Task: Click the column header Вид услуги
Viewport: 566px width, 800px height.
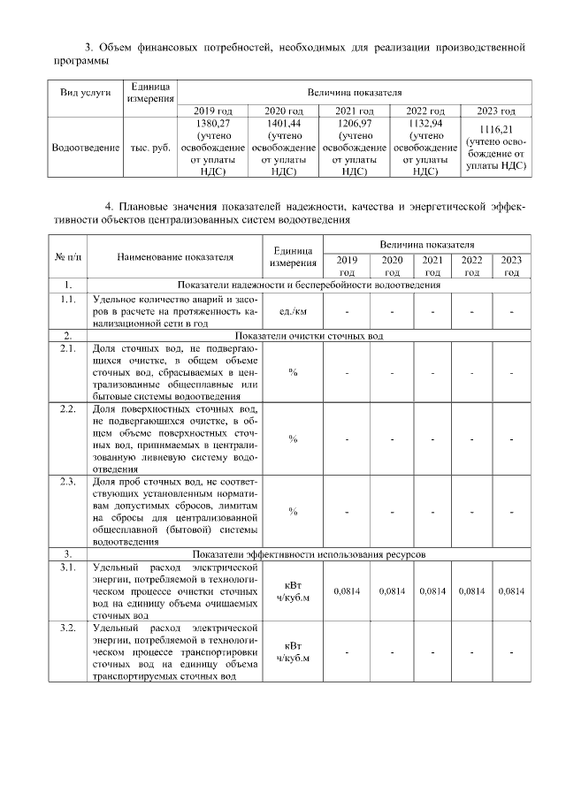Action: (84, 93)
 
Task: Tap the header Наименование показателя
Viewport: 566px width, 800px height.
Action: (175, 257)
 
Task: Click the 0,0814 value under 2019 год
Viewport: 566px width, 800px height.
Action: (347, 590)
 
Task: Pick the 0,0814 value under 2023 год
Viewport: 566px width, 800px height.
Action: (511, 590)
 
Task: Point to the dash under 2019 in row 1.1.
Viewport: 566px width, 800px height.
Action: (347, 312)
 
